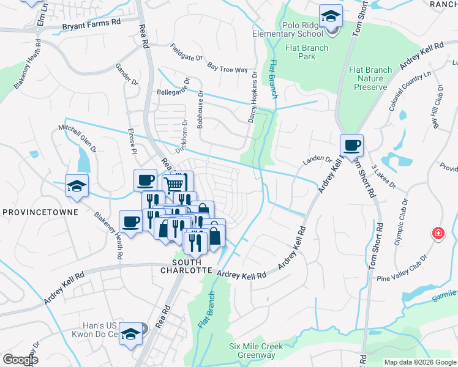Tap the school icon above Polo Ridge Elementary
(x=331, y=17)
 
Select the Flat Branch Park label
(x=307, y=53)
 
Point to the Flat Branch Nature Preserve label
(x=370, y=78)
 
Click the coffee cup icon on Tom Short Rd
(x=351, y=146)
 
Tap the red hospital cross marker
(x=438, y=233)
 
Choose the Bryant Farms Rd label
(x=92, y=24)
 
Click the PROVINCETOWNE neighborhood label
(x=40, y=212)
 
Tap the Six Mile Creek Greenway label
(x=256, y=350)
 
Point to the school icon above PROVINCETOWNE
(x=77, y=186)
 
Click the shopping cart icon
(x=175, y=183)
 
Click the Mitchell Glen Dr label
(x=78, y=139)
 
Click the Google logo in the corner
(x=21, y=360)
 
